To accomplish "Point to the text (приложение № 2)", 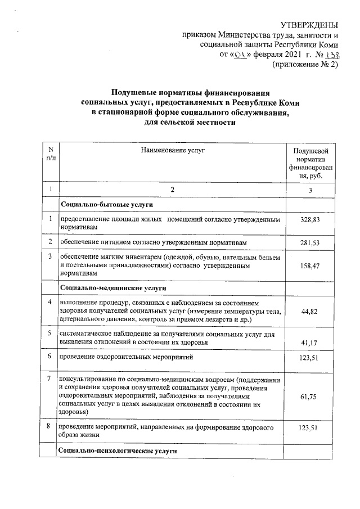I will point(305,65).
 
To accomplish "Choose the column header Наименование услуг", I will point(173,151).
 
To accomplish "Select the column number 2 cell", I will point(173,190).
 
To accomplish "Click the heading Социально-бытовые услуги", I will point(107,204).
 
